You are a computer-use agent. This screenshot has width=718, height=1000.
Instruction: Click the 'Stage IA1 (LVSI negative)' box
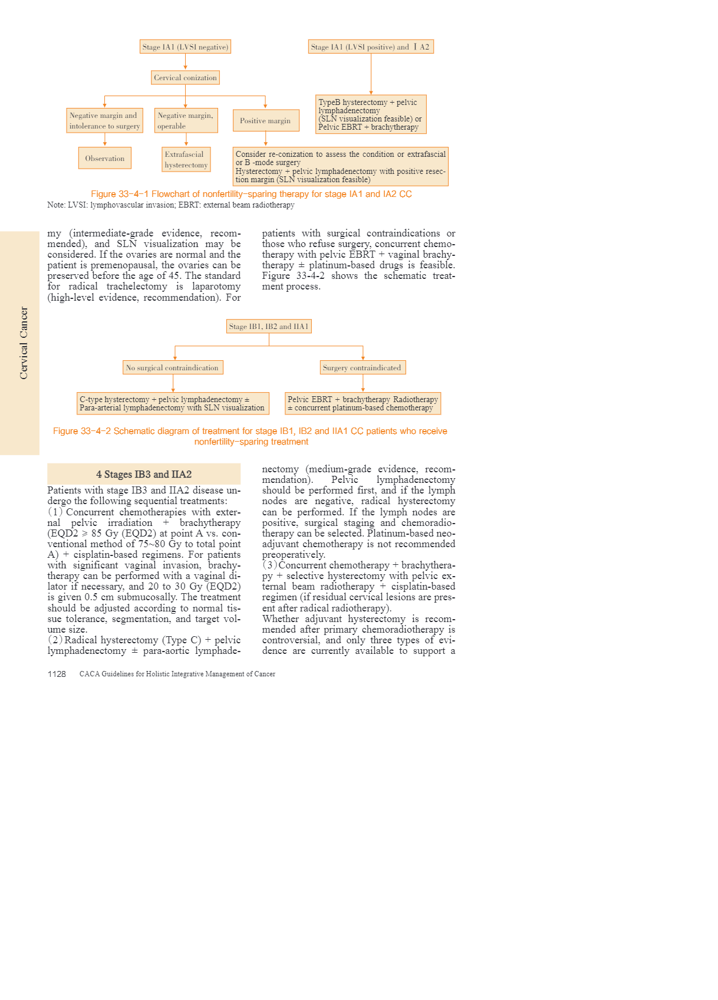click(x=185, y=47)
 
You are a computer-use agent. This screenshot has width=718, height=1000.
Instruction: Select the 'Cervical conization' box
click(x=185, y=77)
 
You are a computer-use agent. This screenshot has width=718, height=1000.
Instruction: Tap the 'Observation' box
click(x=105, y=158)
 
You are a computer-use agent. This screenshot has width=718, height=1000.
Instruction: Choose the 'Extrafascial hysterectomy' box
click(x=186, y=159)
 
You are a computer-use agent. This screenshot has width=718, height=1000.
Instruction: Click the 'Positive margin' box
click(x=265, y=120)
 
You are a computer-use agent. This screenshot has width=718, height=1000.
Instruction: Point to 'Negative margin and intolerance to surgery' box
click(x=105, y=120)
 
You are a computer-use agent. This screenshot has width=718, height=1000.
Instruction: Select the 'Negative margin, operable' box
click(x=186, y=120)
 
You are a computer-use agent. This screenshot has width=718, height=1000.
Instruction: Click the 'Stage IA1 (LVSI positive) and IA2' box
click(x=371, y=47)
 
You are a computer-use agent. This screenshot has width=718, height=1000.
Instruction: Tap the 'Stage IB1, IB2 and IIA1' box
click(x=269, y=326)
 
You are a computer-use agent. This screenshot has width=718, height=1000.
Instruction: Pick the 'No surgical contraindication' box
click(x=173, y=367)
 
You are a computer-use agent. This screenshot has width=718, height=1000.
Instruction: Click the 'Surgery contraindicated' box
click(x=363, y=367)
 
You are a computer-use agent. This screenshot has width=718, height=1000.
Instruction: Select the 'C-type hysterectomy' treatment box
click(x=173, y=403)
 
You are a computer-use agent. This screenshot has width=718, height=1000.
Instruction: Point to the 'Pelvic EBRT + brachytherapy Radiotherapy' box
click(x=363, y=403)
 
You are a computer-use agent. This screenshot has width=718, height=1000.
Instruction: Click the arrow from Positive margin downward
click(x=266, y=139)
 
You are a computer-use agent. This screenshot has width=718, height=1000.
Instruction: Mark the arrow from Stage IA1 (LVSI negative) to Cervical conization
click(x=185, y=62)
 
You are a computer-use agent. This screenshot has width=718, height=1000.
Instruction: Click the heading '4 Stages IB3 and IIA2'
click(x=144, y=474)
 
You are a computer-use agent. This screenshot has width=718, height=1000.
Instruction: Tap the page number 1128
click(x=57, y=674)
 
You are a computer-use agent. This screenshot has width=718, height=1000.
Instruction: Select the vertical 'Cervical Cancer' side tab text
click(x=24, y=343)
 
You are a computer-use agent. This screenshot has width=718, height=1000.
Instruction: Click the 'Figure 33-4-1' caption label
click(x=119, y=194)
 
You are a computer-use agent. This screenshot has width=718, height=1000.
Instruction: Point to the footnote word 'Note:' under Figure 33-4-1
click(x=57, y=205)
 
